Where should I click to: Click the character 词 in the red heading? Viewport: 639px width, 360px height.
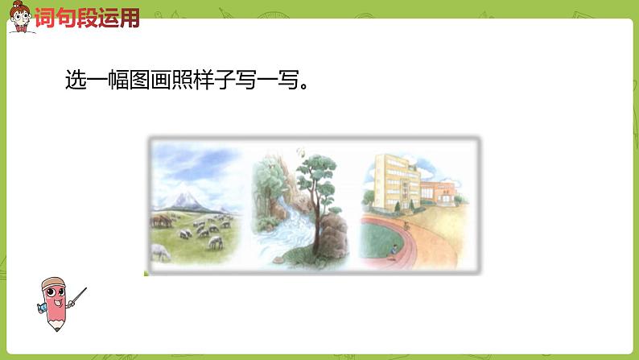click(45, 18)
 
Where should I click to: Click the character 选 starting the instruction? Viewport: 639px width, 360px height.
click(76, 81)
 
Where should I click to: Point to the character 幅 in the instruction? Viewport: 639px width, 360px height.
click(117, 81)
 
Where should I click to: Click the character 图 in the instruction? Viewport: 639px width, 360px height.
click(138, 81)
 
